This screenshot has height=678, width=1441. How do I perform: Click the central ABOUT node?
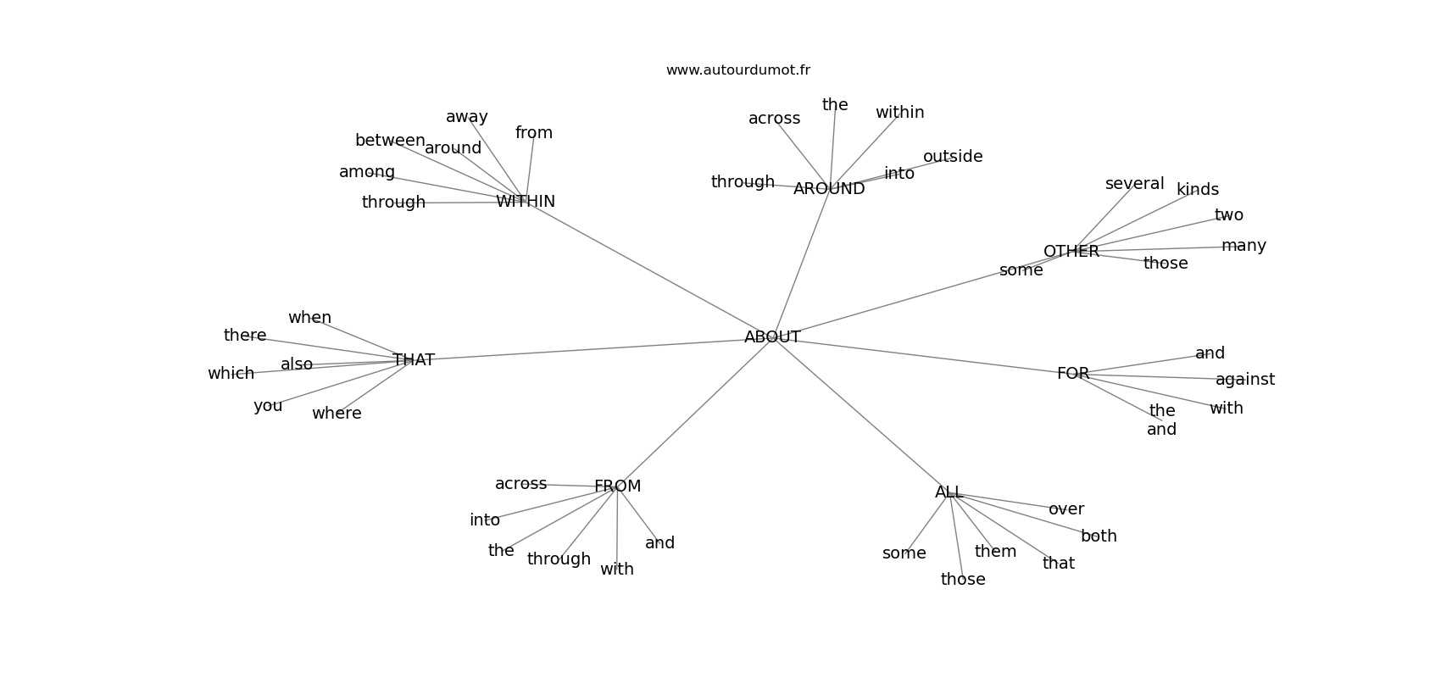(772, 337)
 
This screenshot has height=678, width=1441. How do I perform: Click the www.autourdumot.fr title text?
(737, 70)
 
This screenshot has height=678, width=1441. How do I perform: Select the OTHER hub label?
(1071, 252)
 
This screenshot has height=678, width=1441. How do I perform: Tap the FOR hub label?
(1073, 374)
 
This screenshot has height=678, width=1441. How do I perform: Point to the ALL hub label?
(949, 492)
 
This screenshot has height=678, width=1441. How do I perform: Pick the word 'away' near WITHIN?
(467, 117)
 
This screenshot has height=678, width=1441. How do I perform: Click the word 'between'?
(390, 141)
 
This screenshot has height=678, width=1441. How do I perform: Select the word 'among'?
(367, 172)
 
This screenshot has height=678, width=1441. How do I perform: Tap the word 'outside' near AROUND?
(953, 157)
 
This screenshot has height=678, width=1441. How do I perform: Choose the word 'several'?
(1134, 184)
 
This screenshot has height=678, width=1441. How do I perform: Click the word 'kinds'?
(1198, 190)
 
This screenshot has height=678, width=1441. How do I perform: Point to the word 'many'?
(1243, 246)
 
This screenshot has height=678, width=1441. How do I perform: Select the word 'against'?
(1245, 380)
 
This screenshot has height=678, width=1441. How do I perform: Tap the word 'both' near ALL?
(1099, 536)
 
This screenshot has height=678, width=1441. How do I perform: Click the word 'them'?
(995, 552)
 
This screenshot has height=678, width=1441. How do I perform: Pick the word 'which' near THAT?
(231, 374)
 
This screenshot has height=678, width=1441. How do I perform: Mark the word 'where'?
(337, 414)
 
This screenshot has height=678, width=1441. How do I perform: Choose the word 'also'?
(297, 364)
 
